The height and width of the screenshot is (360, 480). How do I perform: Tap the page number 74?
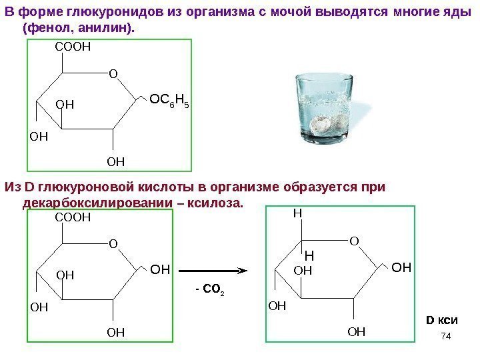[x=447, y=341]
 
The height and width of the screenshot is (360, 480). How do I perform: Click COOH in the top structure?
[x=71, y=47]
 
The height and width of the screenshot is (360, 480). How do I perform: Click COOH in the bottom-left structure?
[x=71, y=217]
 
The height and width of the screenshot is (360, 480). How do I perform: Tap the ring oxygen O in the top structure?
[x=112, y=74]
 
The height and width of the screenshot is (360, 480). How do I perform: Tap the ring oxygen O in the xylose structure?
[x=354, y=239]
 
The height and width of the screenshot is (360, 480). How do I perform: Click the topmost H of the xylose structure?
[x=298, y=215]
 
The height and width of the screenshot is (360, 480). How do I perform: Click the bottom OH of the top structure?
[x=116, y=161]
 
